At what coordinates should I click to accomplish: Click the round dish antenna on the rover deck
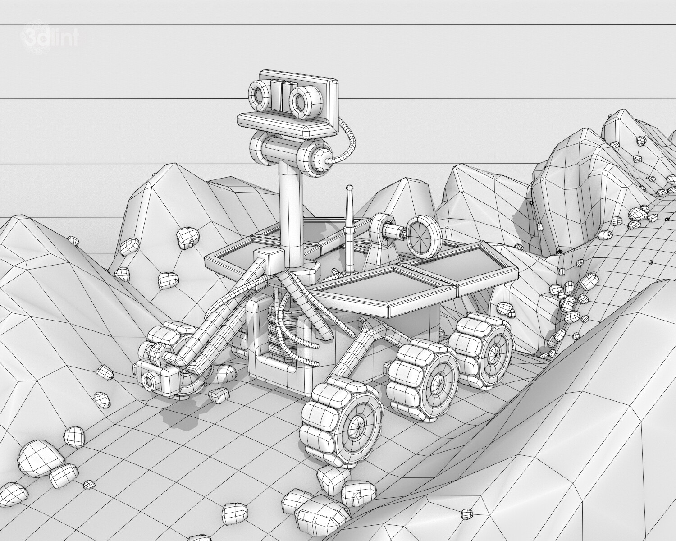tap(424, 234)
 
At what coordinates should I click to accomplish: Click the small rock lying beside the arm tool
tap(220, 395)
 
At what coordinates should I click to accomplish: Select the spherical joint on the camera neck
tap(322, 158)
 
